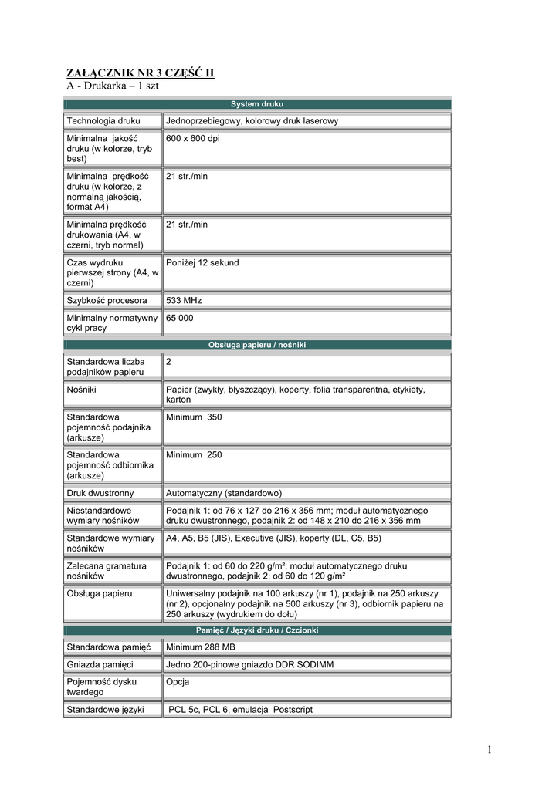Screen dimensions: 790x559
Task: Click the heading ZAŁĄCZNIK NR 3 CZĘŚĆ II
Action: coord(140,73)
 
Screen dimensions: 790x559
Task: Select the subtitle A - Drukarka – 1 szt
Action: coord(112,86)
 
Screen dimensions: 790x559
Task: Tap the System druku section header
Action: coord(257,103)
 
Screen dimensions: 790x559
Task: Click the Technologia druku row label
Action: coord(103,121)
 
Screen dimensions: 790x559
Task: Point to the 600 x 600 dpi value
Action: coord(193,138)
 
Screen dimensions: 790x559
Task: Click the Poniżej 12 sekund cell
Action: coord(202,263)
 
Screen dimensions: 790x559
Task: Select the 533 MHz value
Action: coord(184,300)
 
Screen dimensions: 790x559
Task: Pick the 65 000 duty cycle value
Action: coord(180,318)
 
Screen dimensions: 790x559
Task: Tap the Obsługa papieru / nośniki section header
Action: coord(257,345)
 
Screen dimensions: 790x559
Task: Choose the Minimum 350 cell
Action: coord(194,417)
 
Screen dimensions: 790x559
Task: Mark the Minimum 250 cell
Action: coord(194,455)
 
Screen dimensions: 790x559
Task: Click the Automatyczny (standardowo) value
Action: coord(224,493)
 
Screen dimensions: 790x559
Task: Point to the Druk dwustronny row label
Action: coord(100,493)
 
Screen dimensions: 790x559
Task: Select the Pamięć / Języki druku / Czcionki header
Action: coord(257,630)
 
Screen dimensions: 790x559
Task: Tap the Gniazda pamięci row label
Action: coord(100,665)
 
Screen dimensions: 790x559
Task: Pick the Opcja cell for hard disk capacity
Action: coord(178,682)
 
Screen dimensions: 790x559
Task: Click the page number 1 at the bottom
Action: coord(490,750)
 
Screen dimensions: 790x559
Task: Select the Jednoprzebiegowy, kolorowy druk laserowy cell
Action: coord(252,121)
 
